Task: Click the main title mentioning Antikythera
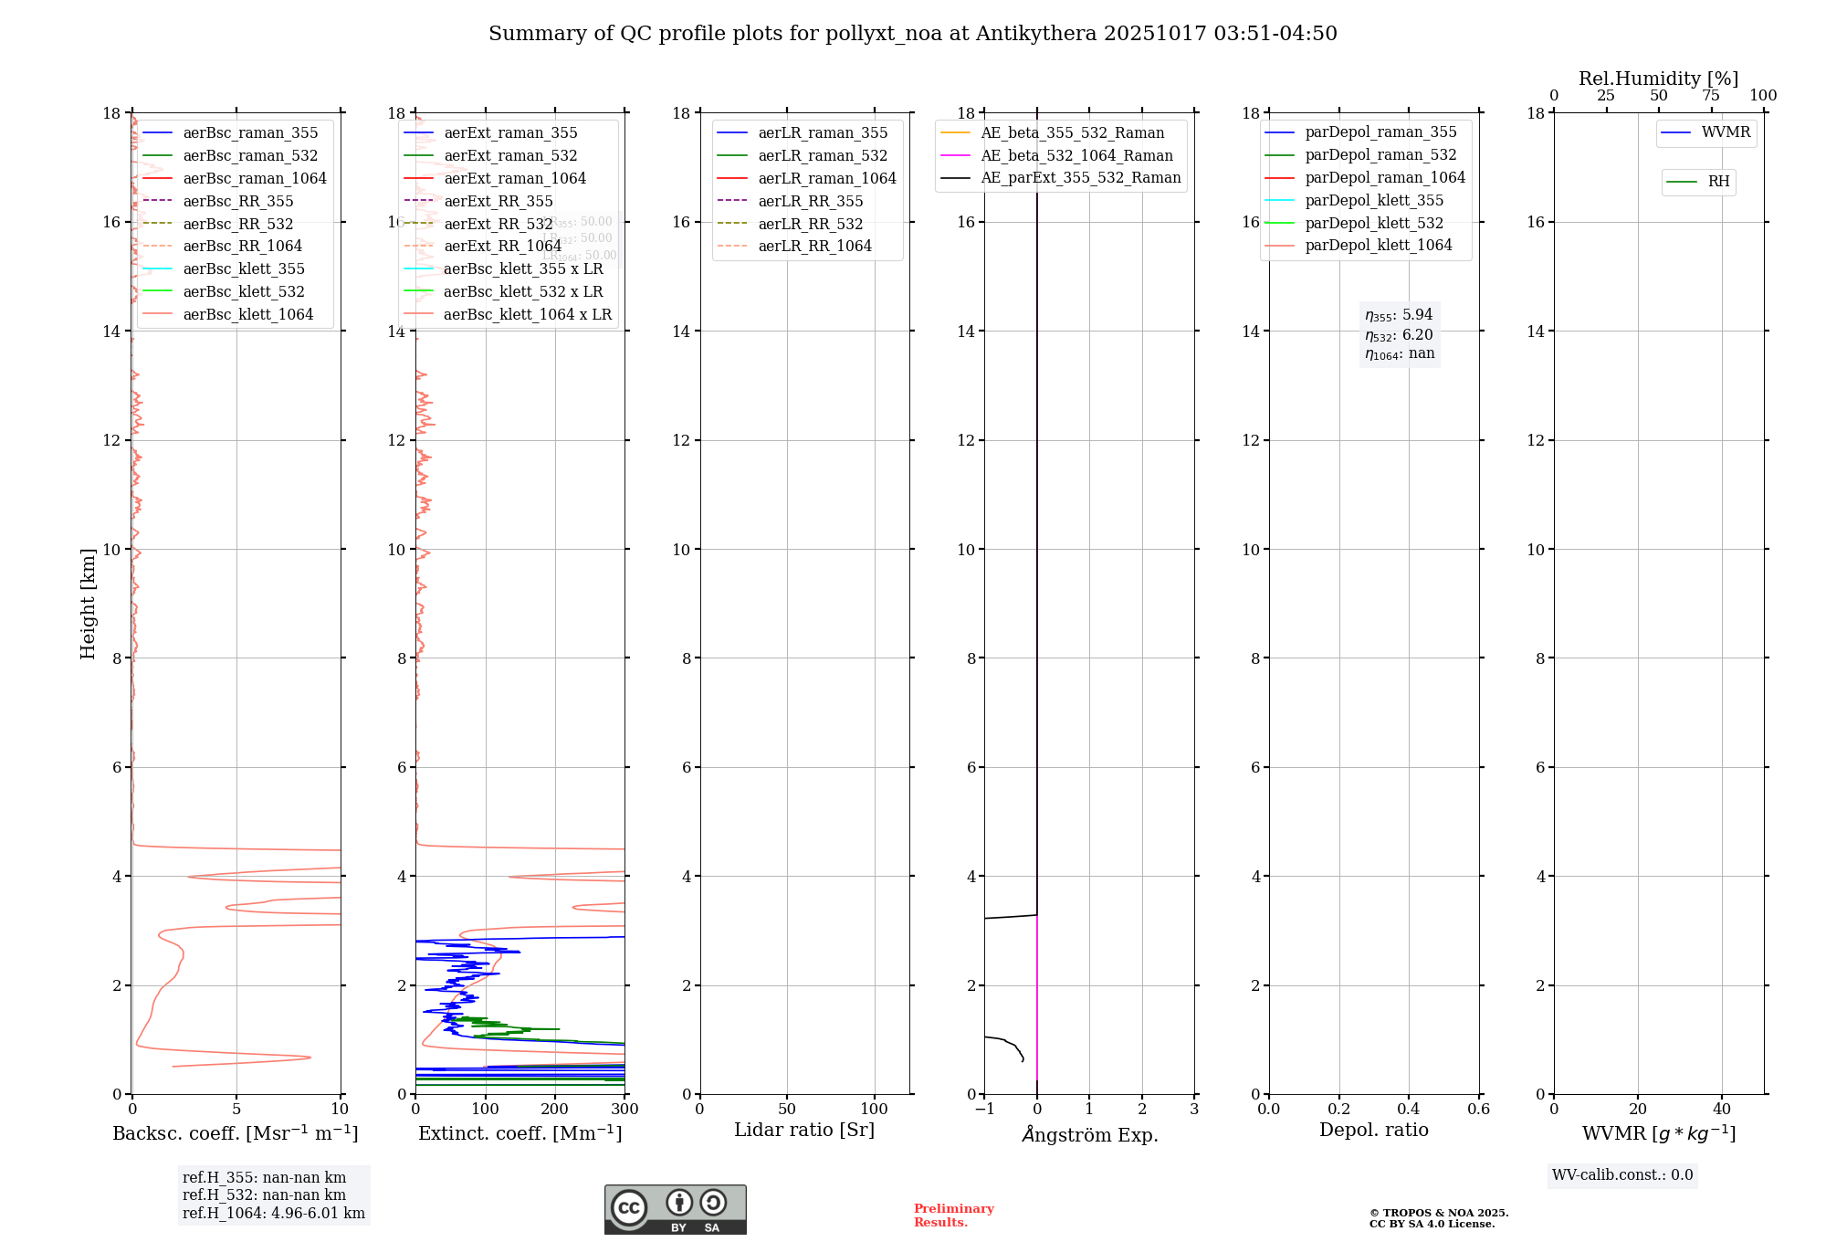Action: (x=912, y=34)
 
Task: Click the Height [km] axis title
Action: (x=88, y=603)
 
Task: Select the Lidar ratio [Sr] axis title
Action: (x=804, y=1130)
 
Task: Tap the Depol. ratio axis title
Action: (x=1373, y=1130)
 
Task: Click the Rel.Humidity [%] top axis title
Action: (x=1658, y=79)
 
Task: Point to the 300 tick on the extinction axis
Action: (x=624, y=1110)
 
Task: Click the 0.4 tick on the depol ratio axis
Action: (x=1409, y=1110)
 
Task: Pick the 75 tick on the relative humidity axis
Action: (x=1711, y=96)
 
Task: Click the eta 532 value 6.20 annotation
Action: (x=1399, y=335)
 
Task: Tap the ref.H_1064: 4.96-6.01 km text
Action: (x=273, y=1213)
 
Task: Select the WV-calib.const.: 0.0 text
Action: (x=1622, y=1175)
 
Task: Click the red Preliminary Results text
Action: (x=953, y=1216)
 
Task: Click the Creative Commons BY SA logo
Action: (x=675, y=1209)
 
